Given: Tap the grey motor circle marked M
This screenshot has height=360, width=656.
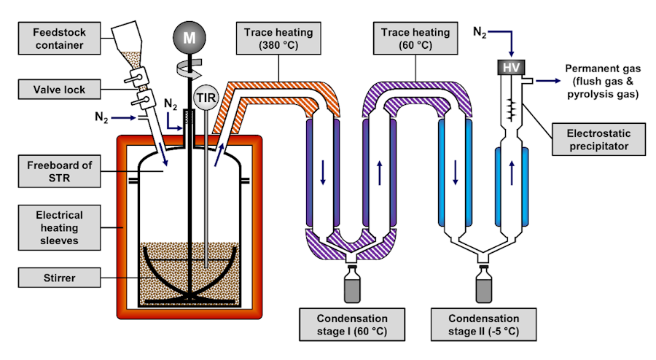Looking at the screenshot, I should click(x=190, y=38).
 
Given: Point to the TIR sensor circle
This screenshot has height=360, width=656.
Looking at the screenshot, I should click(x=208, y=97).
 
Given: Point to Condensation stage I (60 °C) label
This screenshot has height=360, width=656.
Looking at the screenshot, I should click(x=353, y=325).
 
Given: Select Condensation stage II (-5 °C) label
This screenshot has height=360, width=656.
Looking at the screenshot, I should click(x=485, y=325).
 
